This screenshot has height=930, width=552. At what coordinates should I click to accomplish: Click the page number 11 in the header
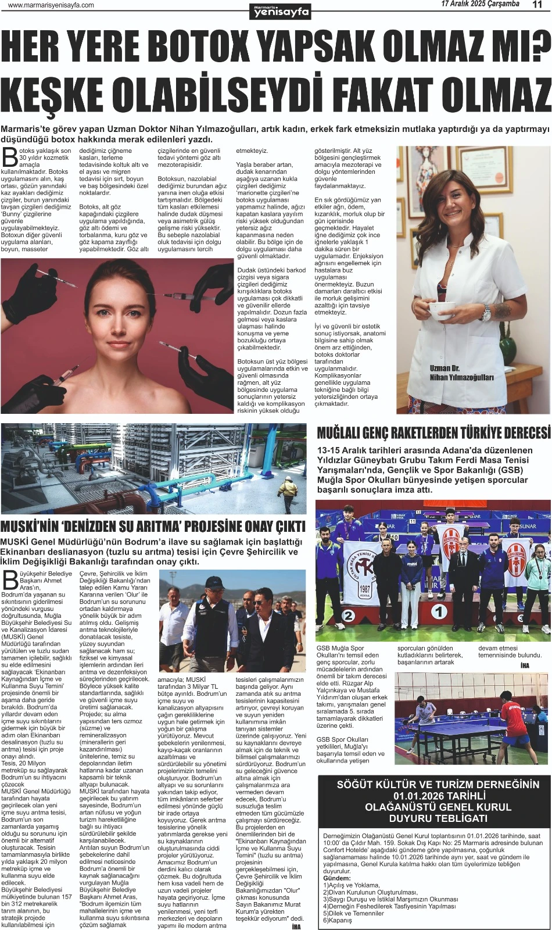(x=536, y=5)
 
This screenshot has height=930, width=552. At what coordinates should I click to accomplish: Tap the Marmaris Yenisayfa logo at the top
(x=280, y=10)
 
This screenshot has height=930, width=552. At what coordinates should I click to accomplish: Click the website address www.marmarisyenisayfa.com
(x=51, y=5)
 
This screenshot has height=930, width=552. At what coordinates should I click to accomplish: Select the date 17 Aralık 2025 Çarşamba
(x=480, y=5)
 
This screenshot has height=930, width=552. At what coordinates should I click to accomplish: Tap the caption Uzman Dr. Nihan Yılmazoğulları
(x=461, y=373)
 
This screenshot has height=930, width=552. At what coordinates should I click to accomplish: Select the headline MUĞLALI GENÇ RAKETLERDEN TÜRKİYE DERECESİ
(x=433, y=433)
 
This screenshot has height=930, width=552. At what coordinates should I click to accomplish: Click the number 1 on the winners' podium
(x=440, y=611)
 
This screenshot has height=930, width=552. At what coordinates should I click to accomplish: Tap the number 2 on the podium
(x=348, y=616)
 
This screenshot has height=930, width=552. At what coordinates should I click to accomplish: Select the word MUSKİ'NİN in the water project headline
(x=30, y=527)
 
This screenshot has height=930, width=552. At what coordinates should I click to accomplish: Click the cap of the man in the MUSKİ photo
(x=214, y=581)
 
